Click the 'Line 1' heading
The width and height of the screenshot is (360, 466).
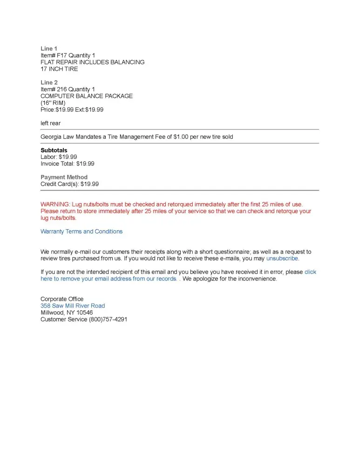tap(49, 48)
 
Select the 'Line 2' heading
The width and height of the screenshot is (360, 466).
tap(49, 82)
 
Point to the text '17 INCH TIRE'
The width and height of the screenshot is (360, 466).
tap(59, 69)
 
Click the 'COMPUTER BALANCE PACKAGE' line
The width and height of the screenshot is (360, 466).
tap(87, 96)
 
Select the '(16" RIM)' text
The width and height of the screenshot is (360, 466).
tap(53, 103)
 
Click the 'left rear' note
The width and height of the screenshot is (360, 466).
tap(50, 123)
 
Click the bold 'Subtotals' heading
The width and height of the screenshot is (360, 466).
tap(54, 151)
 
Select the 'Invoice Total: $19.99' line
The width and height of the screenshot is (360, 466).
tap(68, 164)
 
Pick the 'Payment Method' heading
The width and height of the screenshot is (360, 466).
tap(64, 178)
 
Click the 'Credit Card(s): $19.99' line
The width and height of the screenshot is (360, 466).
tap(69, 184)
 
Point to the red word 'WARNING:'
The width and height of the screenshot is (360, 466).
tap(55, 205)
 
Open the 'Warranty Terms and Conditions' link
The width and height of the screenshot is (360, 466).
tap(82, 232)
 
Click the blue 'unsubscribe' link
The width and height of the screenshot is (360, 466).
tap(282, 259)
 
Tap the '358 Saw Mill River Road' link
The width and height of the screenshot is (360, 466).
tap(73, 306)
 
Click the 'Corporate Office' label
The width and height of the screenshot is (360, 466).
tap(62, 299)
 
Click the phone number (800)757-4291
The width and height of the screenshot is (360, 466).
tap(108, 320)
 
